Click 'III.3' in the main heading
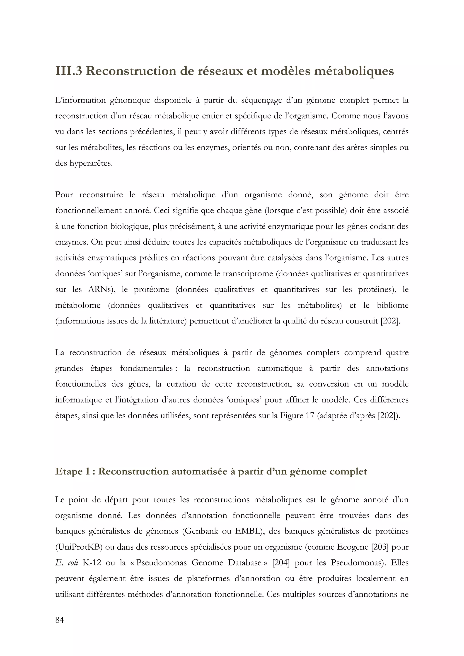point(69,71)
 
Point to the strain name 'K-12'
point(92,563)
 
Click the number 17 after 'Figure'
point(310,415)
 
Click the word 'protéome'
point(152,290)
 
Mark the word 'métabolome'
point(78,305)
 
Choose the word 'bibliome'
point(393,305)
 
